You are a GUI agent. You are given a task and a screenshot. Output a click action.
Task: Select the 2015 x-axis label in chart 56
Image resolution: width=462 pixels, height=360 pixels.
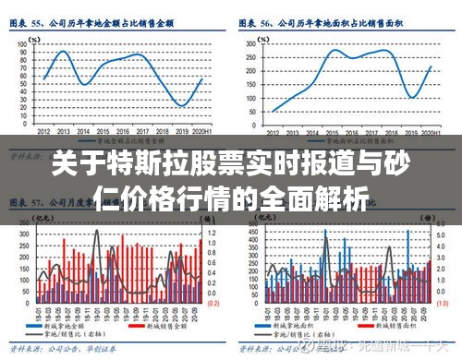pyautogui.click(x=332, y=132)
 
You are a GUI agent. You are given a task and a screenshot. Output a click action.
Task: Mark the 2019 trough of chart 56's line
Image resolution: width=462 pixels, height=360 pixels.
pyautogui.click(x=411, y=97)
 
